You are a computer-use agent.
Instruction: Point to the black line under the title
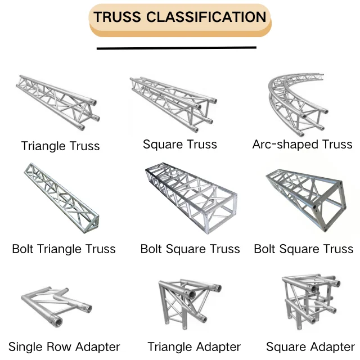point(176,48)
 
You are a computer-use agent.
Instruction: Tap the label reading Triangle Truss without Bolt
point(60,146)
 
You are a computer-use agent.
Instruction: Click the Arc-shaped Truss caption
point(302,145)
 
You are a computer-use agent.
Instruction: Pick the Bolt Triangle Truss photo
point(61,193)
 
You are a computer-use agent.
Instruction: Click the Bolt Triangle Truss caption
point(64,249)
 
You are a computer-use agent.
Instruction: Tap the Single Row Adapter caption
point(64,346)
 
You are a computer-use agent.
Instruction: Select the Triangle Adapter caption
point(194,347)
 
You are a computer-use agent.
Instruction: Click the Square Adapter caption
point(310,347)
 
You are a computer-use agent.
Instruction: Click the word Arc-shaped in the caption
point(278,145)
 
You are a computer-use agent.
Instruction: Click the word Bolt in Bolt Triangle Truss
point(23,249)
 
